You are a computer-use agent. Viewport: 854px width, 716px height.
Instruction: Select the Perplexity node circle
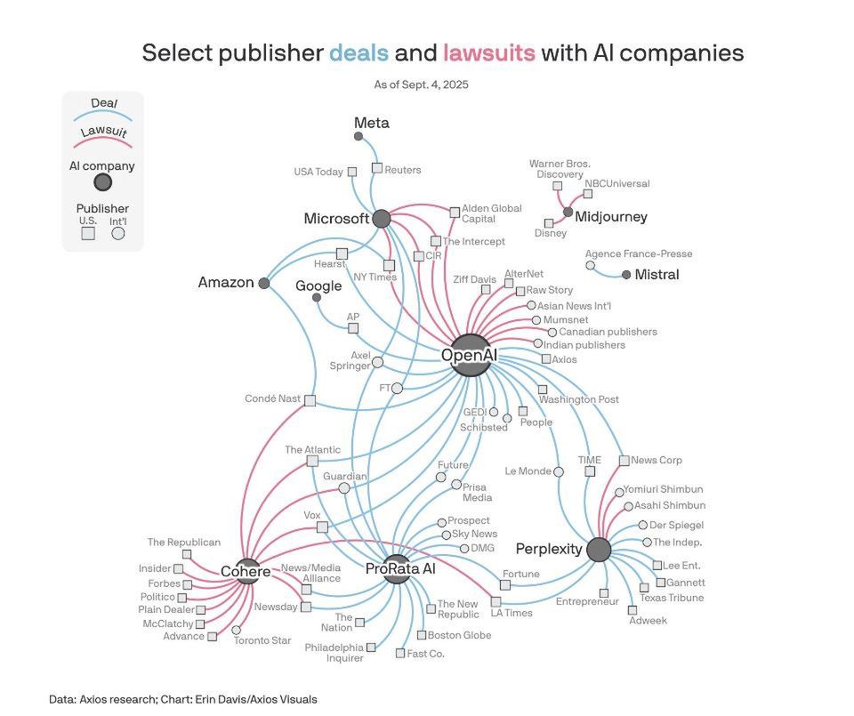click(x=600, y=549)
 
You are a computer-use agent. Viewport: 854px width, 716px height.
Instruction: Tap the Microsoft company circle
click(x=382, y=218)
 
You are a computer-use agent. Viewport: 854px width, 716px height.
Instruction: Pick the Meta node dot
click(x=359, y=136)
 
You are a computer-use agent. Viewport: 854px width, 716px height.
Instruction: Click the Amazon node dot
click(x=263, y=283)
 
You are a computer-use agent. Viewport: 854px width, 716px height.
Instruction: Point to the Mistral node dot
click(x=626, y=275)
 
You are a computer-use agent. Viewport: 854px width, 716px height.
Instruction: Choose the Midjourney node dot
click(x=568, y=212)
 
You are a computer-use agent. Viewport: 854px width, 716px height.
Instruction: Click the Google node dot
click(x=317, y=297)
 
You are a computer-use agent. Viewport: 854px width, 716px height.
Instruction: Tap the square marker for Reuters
click(x=377, y=167)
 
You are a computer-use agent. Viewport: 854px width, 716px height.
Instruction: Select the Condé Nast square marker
click(x=310, y=400)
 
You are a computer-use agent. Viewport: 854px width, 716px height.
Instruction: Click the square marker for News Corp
click(x=624, y=460)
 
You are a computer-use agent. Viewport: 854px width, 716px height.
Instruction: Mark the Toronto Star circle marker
click(x=237, y=630)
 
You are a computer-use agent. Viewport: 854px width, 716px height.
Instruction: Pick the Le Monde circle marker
click(x=559, y=471)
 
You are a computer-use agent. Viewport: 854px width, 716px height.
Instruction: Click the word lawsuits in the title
click(x=489, y=53)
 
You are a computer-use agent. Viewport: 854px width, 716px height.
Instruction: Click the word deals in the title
click(x=359, y=53)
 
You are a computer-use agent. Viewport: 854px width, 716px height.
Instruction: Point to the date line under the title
click(x=421, y=84)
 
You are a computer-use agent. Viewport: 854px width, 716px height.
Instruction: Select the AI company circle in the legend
click(x=102, y=183)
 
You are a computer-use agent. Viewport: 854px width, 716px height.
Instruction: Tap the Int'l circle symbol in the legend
click(x=117, y=234)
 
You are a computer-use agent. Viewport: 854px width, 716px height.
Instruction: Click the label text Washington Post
click(x=579, y=399)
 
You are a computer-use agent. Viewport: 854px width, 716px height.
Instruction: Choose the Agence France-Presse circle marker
click(x=590, y=265)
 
